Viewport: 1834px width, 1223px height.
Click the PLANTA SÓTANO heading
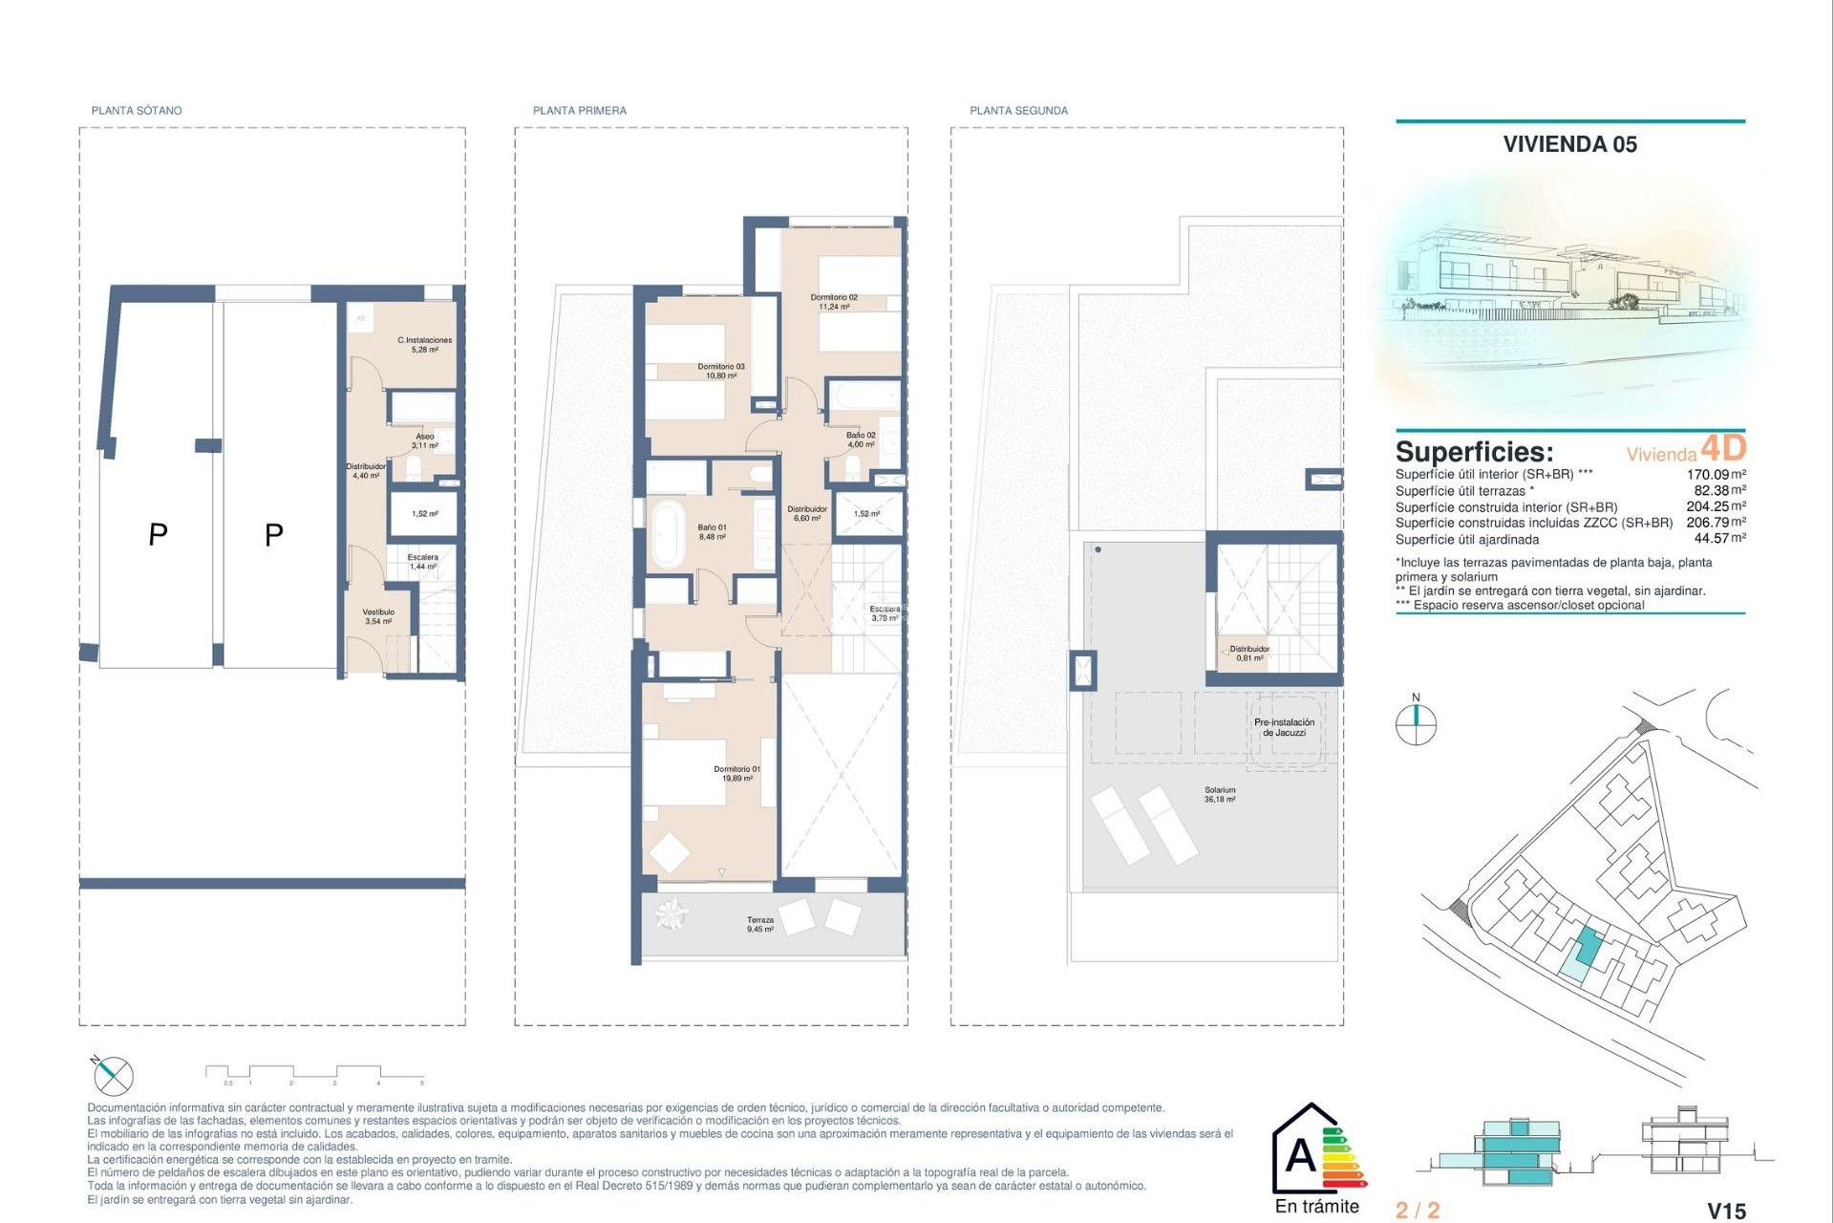(137, 111)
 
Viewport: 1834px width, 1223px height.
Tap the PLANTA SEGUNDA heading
(1018, 111)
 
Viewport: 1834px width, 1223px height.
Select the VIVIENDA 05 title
(1569, 144)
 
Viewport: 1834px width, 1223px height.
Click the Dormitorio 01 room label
(736, 773)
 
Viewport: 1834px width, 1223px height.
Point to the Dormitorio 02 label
(834, 302)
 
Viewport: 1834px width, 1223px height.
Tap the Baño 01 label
(712, 531)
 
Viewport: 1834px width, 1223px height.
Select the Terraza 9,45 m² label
(760, 924)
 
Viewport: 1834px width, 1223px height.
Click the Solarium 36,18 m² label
(1220, 794)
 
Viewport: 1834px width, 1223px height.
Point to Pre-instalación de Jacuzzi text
(1284, 727)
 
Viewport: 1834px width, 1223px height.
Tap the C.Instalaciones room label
(425, 344)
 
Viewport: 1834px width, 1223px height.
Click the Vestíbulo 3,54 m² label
(378, 616)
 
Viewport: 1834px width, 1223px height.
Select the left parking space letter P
(159, 535)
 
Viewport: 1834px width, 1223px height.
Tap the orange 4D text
(1723, 447)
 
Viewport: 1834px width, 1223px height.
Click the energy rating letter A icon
(1301, 1156)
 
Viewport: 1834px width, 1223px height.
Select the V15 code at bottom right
(1726, 1211)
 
